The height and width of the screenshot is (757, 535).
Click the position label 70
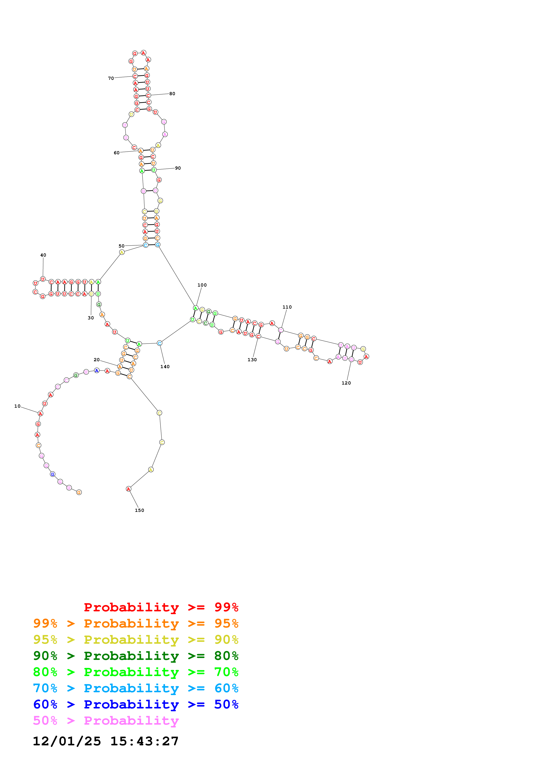click(111, 79)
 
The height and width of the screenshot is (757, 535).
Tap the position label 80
click(172, 94)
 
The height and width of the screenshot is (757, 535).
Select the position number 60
click(116, 153)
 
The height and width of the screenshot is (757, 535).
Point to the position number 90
click(178, 168)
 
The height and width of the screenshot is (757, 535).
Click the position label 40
click(43, 255)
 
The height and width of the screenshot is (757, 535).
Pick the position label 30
click(91, 318)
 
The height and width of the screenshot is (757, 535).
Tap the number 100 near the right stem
click(202, 285)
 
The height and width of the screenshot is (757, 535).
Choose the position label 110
click(287, 307)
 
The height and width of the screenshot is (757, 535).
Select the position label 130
click(252, 360)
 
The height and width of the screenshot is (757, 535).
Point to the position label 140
click(165, 367)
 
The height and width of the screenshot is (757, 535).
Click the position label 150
click(139, 510)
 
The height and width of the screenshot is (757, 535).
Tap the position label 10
click(17, 406)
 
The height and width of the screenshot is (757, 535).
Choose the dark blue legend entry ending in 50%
click(136, 704)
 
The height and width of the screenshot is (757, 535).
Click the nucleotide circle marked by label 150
click(129, 489)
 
